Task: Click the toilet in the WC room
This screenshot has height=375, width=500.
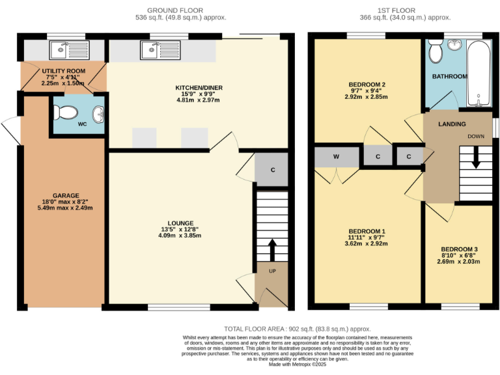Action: coord(66,113)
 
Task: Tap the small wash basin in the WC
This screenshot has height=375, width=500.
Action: coord(98,115)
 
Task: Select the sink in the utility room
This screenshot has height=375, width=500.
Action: coord(64,48)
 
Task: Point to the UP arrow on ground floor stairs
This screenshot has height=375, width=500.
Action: coord(271,249)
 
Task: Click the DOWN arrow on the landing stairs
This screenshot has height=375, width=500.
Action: coord(476,158)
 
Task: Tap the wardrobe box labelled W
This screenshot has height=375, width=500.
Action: coord(336,156)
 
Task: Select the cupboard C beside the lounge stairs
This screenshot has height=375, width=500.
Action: coord(273,169)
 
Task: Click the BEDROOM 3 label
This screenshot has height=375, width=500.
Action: coord(459,249)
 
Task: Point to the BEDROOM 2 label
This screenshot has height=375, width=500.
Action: coord(367,85)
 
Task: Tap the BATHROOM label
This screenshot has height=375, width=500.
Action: coord(450,76)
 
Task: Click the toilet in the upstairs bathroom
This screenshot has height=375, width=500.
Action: coord(437,49)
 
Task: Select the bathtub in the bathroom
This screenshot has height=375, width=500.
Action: coord(479,72)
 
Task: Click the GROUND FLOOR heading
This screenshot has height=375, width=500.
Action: coord(175,10)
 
